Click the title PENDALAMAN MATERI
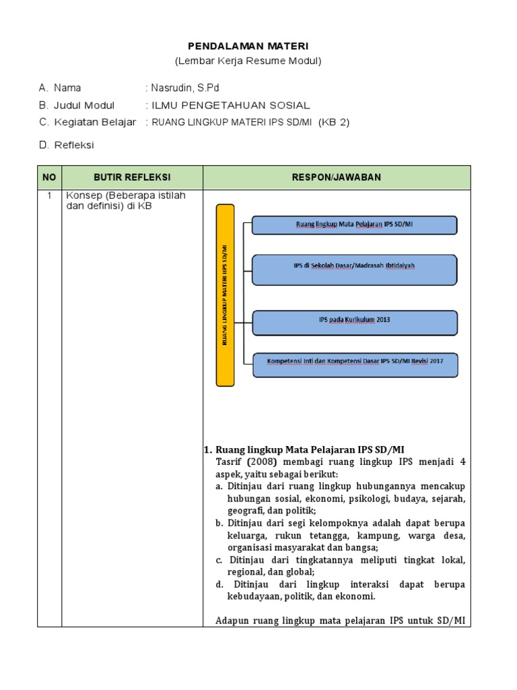pos(248,46)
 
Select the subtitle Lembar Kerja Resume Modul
pos(248,61)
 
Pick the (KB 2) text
pos(335,122)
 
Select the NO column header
pos(49,177)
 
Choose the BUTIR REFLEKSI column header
pos(132,177)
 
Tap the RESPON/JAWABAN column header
pos(337,177)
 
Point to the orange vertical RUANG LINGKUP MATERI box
pos(225,295)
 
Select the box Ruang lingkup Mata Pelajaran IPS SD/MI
pos(354,224)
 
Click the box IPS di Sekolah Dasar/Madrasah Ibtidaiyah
pos(354,266)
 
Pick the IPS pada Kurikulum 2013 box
pos(354,320)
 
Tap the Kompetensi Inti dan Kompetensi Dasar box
pos(354,361)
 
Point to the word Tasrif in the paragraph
pos(230,462)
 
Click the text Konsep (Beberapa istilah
pos(125,195)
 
